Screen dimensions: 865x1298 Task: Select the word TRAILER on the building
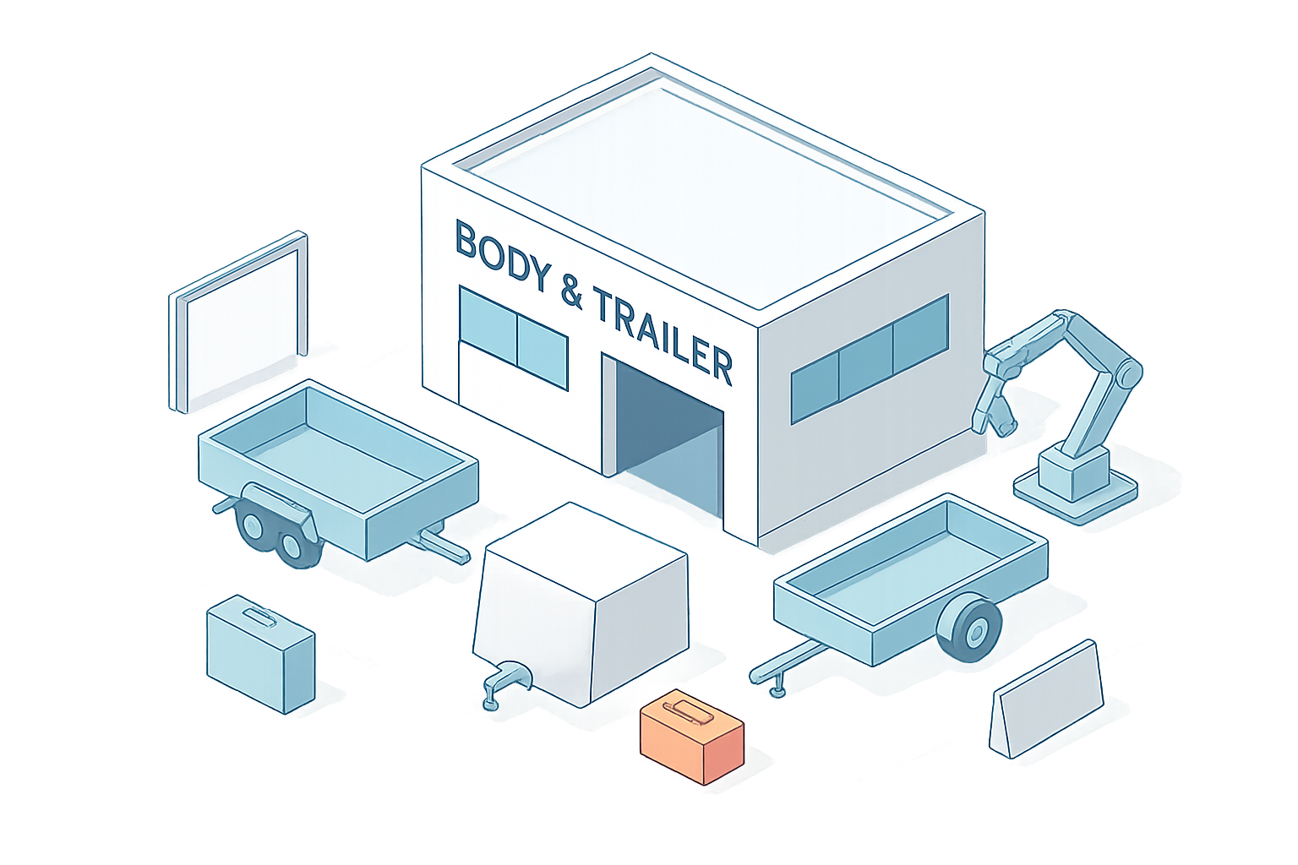coord(663,335)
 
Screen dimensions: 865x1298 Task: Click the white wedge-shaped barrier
coord(1047,700)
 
